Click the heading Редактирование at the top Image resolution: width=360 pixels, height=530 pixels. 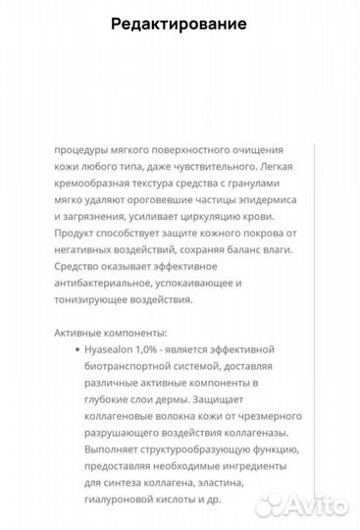[x=179, y=24]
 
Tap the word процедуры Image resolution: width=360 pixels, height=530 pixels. [x=83, y=150]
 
